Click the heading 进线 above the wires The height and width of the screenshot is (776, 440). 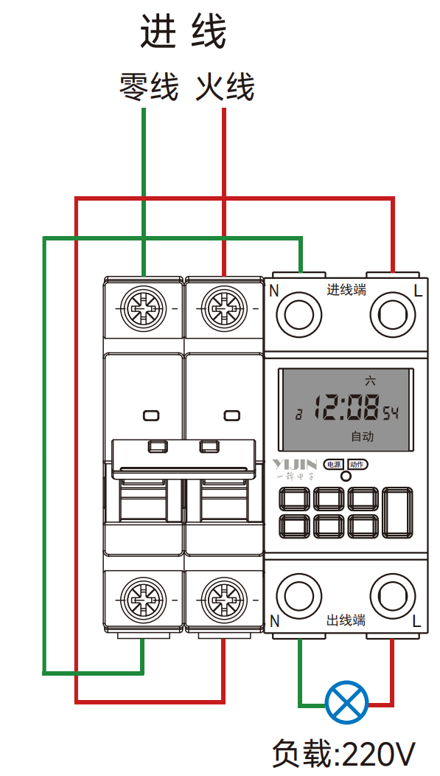(x=183, y=31)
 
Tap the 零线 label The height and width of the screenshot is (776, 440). (x=148, y=87)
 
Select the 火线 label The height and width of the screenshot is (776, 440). (x=226, y=87)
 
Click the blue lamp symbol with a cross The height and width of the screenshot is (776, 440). (x=346, y=702)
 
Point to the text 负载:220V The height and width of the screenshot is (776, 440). (x=344, y=753)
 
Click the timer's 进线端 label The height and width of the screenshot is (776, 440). (x=346, y=290)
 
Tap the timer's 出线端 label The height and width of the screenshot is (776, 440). (x=346, y=620)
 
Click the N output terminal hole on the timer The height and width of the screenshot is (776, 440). (x=299, y=596)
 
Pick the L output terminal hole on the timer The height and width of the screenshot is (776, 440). (x=393, y=596)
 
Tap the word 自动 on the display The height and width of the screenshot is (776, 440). (x=362, y=437)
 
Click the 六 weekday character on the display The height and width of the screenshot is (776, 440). (x=370, y=381)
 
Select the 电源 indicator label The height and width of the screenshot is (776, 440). (x=334, y=464)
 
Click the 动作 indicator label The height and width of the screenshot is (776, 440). (x=357, y=464)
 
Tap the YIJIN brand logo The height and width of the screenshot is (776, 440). (x=295, y=464)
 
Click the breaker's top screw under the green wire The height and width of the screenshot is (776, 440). (x=144, y=308)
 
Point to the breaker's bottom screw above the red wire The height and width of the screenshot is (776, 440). (x=223, y=600)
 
